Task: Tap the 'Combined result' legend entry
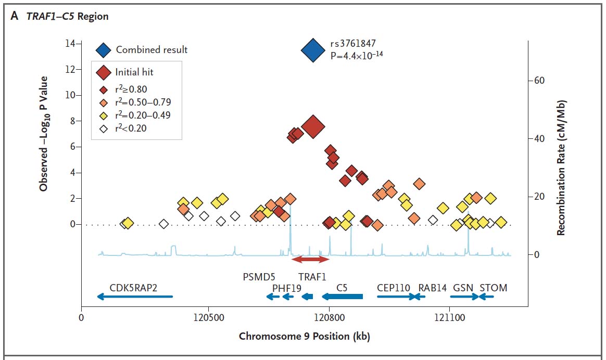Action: tap(151, 50)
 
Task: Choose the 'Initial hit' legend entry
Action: tap(134, 72)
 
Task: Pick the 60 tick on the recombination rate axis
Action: tap(538, 81)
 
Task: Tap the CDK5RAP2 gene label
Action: tap(133, 288)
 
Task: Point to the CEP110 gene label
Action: tap(394, 288)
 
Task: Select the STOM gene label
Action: tap(493, 288)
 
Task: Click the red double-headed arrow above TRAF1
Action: tap(310, 259)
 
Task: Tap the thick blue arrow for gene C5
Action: tap(342, 297)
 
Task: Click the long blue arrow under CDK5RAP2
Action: tap(135, 297)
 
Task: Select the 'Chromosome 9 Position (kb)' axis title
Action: tap(304, 336)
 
